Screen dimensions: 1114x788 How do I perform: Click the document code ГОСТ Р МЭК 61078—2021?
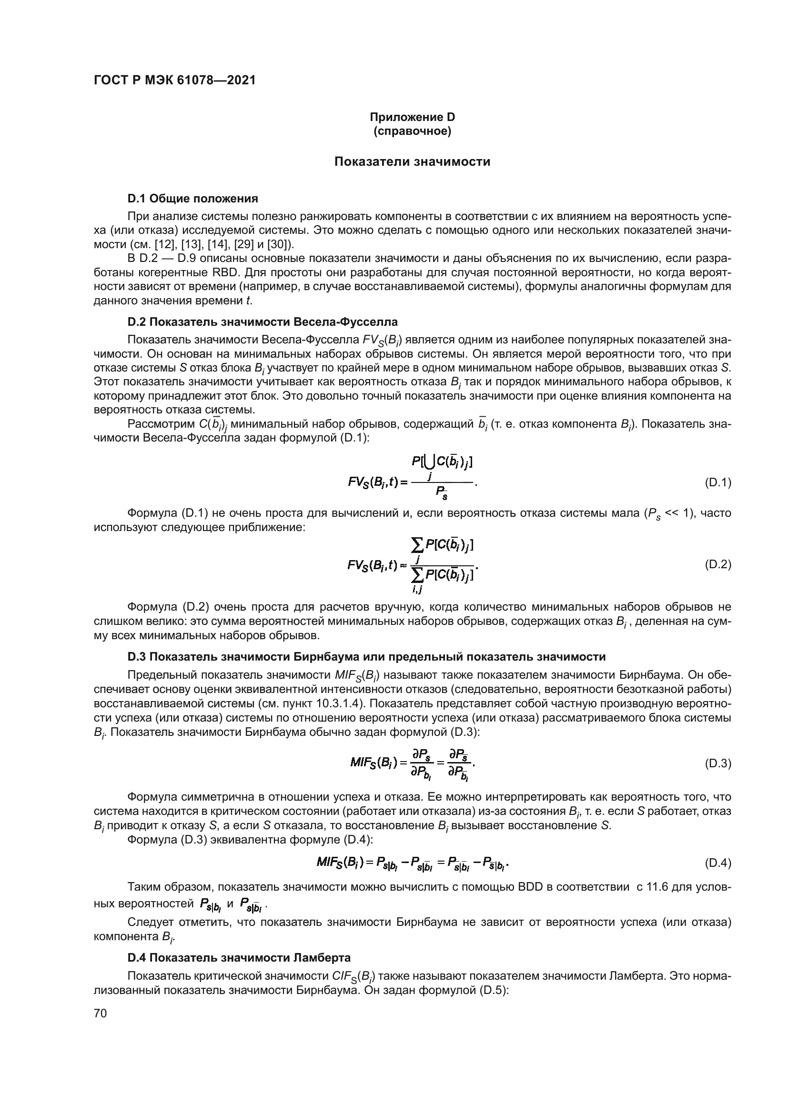click(174, 80)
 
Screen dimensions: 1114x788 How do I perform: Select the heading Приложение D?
click(412, 117)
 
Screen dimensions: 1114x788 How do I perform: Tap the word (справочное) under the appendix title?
click(412, 131)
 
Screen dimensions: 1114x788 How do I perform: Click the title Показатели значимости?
click(412, 161)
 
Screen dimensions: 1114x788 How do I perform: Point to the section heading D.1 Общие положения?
click(192, 199)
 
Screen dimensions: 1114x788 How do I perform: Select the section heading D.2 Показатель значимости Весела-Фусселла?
click(262, 321)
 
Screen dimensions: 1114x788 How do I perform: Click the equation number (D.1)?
click(717, 483)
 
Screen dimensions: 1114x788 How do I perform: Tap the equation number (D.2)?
click(717, 564)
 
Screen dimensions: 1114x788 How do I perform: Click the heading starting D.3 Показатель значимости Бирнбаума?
click(366, 657)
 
